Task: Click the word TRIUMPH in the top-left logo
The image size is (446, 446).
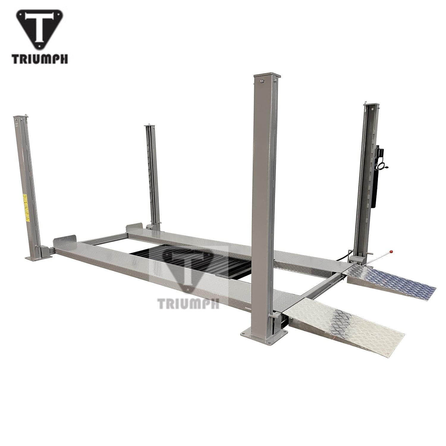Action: pos(40,58)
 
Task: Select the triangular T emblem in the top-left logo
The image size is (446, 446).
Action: pos(40,30)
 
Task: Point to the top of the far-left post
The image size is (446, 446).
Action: pos(21,117)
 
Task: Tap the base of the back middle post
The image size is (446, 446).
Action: pos(156,227)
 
